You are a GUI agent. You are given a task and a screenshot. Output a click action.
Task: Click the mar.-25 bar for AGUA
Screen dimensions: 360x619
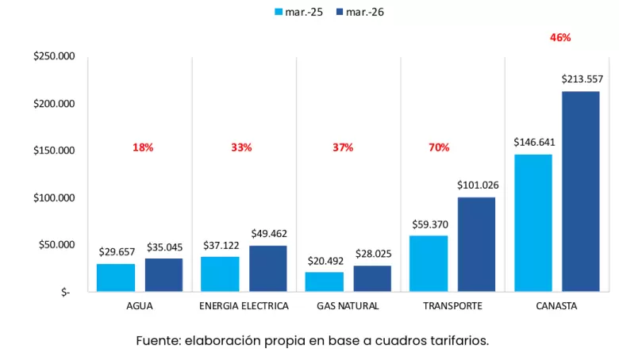point(116,278)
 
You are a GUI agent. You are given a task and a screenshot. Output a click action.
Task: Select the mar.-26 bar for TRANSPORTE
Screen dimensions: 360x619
point(476,244)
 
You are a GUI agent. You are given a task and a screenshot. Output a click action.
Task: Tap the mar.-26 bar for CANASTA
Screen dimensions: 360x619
point(581,191)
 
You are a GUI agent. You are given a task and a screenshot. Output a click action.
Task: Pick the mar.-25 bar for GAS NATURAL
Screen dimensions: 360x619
point(325,281)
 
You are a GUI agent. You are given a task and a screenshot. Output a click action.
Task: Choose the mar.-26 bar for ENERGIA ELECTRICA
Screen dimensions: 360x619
point(268,268)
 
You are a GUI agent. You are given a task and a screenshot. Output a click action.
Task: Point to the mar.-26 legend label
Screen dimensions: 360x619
point(367,13)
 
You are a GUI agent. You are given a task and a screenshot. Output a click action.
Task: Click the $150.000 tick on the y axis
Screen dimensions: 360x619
point(54,151)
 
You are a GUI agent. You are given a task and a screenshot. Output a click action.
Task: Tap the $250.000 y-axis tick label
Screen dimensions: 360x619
point(54,56)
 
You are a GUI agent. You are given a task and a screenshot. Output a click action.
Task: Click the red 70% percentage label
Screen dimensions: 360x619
point(439,147)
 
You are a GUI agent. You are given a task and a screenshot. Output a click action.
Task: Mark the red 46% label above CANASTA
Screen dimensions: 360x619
point(560,37)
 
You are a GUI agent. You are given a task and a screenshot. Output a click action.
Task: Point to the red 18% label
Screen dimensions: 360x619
point(143,147)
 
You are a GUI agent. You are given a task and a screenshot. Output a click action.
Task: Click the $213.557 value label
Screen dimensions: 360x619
point(582,79)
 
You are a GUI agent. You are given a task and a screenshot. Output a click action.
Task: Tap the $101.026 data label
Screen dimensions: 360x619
point(477,185)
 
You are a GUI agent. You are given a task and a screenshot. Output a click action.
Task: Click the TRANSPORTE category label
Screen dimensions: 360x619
point(452,306)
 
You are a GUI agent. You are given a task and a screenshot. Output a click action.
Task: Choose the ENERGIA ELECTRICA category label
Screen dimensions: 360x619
point(244,306)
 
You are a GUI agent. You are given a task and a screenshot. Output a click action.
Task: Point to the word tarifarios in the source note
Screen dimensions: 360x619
point(456,341)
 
